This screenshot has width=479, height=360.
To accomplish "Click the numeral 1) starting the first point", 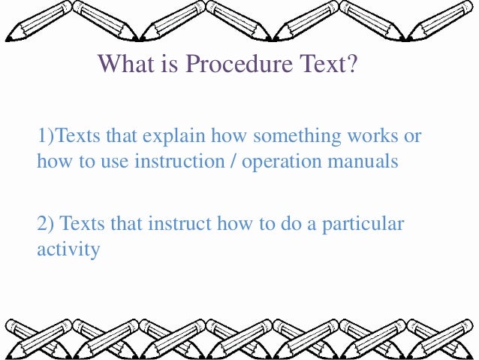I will coord(46,137).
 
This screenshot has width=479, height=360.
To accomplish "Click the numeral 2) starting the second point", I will coord(45,223).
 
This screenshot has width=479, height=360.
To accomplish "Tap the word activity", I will coord(68,248).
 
